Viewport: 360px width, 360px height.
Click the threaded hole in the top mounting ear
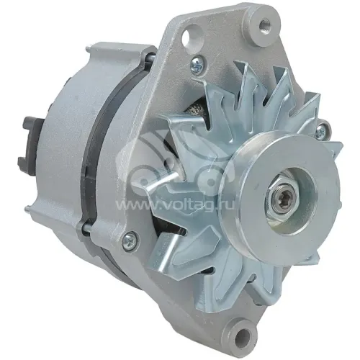(x=266, y=24)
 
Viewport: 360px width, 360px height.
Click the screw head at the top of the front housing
(x=197, y=63)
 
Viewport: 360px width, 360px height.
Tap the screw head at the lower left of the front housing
(x=130, y=238)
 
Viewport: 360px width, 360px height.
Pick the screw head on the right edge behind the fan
(x=323, y=131)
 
